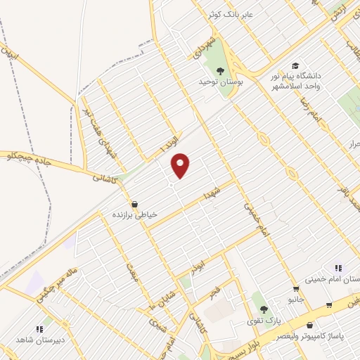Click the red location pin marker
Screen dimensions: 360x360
[x=181, y=165]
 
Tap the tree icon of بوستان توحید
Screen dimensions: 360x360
[x=220, y=71]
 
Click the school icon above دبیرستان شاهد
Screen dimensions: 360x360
[x=39, y=328]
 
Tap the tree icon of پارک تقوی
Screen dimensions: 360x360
[x=264, y=309]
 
